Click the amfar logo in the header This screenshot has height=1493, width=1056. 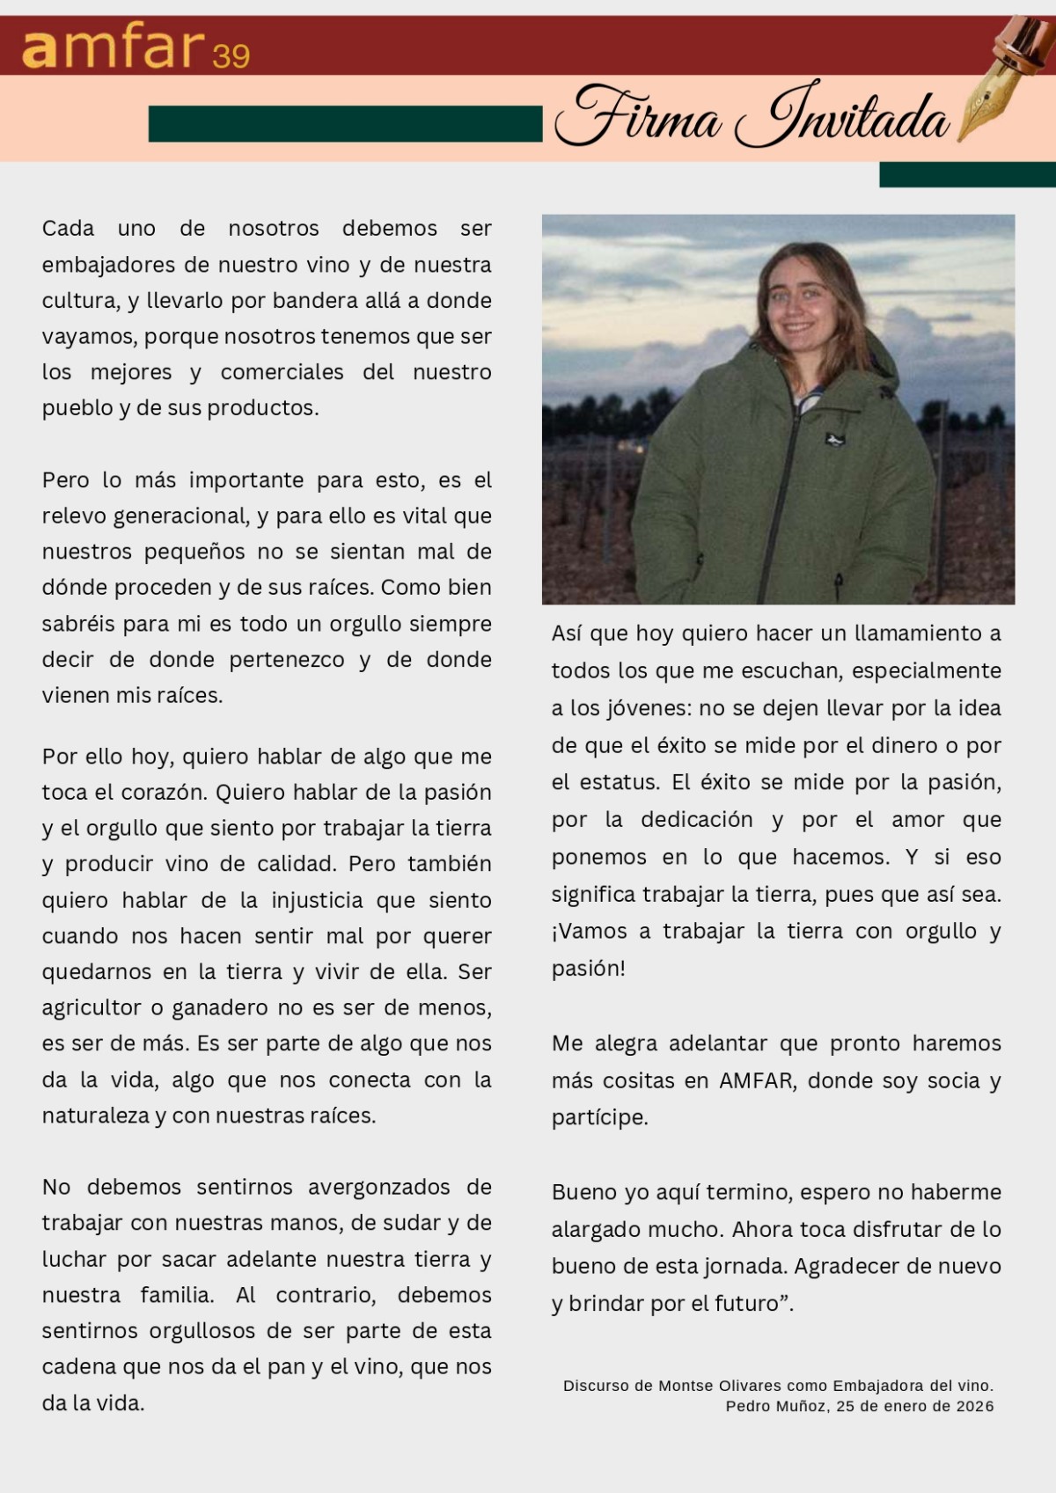114,48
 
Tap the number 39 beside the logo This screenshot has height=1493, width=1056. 231,56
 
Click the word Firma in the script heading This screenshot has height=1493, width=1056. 637,117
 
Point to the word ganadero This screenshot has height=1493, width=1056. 232,1007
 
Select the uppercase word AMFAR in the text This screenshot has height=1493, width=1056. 756,1080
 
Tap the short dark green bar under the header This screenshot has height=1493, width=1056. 967,174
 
